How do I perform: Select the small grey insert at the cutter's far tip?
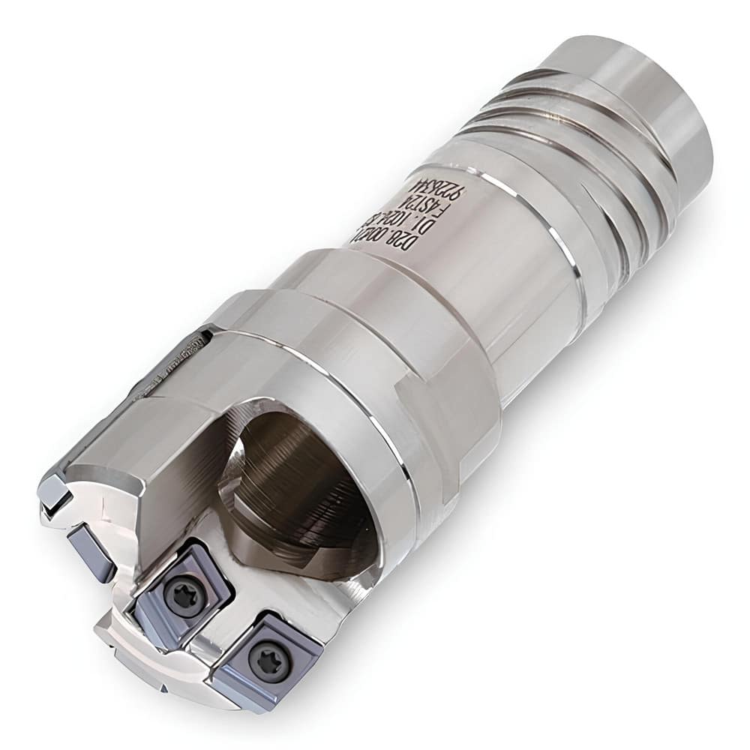[55, 490]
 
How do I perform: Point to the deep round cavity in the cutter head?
[300, 480]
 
